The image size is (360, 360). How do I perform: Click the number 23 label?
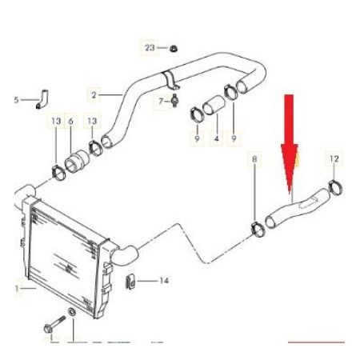coord(150,48)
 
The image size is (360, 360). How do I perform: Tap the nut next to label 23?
coord(174,49)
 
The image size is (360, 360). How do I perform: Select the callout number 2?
coord(94,94)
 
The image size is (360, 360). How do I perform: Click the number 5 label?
coord(17,100)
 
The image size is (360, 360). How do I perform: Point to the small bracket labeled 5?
coord(42,99)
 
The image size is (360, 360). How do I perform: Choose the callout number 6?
coord(70,121)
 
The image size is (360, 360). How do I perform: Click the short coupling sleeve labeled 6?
coord(78,162)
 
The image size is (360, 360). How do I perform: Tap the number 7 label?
coord(161,102)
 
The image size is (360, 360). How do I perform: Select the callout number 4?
coord(217,138)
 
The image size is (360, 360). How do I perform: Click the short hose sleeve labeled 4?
coord(214,106)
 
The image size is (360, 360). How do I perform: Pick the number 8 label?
coord(254,159)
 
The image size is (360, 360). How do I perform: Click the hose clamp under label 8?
coord(258,230)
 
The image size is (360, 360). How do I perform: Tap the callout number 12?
coord(334,159)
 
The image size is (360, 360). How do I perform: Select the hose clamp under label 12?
coord(335,187)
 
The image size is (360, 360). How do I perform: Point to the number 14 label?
coord(164,281)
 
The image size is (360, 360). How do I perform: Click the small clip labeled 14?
coord(130,282)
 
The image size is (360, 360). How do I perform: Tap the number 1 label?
coord(17,289)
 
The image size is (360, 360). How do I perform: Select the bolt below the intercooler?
coord(54,325)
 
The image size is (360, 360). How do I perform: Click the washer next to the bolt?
coord(72,312)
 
